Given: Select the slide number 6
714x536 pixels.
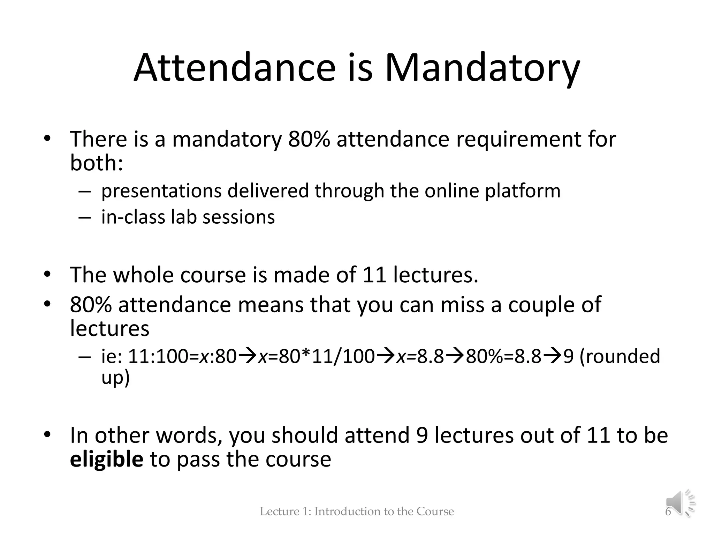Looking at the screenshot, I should (668, 512).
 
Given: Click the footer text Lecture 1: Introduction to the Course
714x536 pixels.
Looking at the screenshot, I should (357, 512).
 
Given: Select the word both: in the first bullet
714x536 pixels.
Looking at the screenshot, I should (97, 163).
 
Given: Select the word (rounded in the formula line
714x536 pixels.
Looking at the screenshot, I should (620, 357).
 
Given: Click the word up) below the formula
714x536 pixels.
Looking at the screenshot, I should (115, 378).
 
